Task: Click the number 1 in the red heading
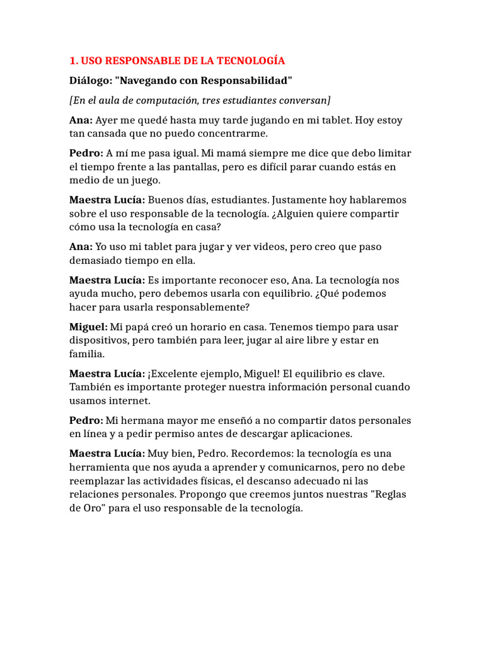[x=72, y=61]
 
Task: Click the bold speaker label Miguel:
[x=88, y=327]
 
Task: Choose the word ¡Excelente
[x=176, y=374]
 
